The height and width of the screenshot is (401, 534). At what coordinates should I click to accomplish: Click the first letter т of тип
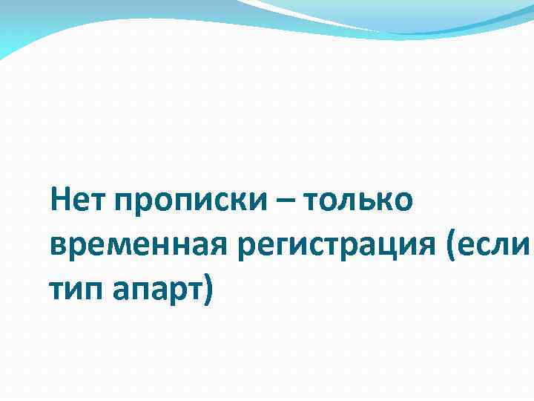[56, 288]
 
